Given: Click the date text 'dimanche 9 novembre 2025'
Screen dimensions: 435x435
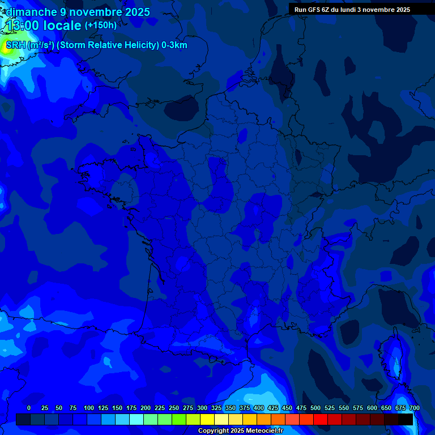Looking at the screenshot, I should coord(78,12).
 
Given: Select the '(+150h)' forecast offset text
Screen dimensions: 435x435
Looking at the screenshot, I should coord(101,25).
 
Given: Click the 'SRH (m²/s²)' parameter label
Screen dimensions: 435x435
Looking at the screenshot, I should coord(29,45).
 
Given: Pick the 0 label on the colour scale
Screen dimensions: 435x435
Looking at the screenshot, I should coord(29,408).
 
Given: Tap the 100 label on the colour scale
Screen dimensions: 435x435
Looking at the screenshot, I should coord(89,408).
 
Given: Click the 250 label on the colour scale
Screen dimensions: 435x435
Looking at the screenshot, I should coord(174,408).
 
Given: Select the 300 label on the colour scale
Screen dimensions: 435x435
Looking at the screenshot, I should coord(202,408).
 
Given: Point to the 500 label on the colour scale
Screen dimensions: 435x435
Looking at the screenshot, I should coord(315,408).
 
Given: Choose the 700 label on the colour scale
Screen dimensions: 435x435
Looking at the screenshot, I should coord(414,408).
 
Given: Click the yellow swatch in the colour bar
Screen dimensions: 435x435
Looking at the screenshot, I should coord(207,419).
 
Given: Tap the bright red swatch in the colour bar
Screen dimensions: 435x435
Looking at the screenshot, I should coord(321,419).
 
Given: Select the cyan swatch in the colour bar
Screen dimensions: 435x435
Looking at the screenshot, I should coord(137,419).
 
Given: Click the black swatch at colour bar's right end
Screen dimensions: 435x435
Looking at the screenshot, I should coord(406,419).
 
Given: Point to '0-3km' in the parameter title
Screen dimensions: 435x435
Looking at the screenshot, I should coord(174,45).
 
